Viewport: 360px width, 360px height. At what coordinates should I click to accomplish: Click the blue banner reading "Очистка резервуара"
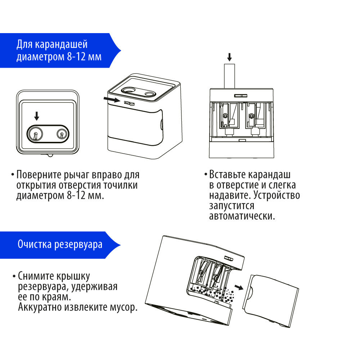(60, 244)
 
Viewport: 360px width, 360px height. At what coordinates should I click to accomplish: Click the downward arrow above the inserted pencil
(230, 57)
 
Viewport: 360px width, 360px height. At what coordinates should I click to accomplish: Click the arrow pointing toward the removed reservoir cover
(238, 287)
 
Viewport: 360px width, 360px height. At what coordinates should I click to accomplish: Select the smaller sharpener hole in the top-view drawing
(61, 134)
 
